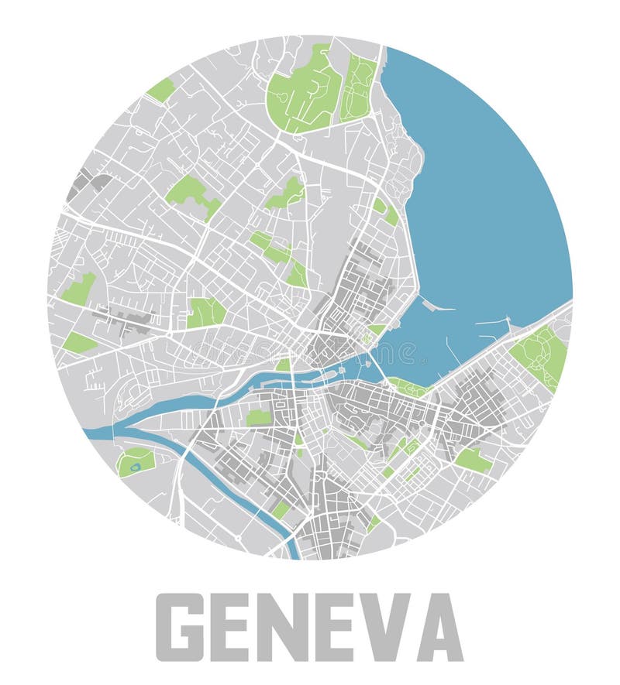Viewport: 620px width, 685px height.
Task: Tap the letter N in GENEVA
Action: click(x=308, y=627)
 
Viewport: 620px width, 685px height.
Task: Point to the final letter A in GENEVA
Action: click(x=439, y=627)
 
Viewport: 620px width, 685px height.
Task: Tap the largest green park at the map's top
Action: click(x=302, y=89)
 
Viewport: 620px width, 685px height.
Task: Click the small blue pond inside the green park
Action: click(x=136, y=466)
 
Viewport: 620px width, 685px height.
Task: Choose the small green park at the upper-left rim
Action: click(x=161, y=90)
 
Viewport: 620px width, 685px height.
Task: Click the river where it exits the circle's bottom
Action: click(x=293, y=550)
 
